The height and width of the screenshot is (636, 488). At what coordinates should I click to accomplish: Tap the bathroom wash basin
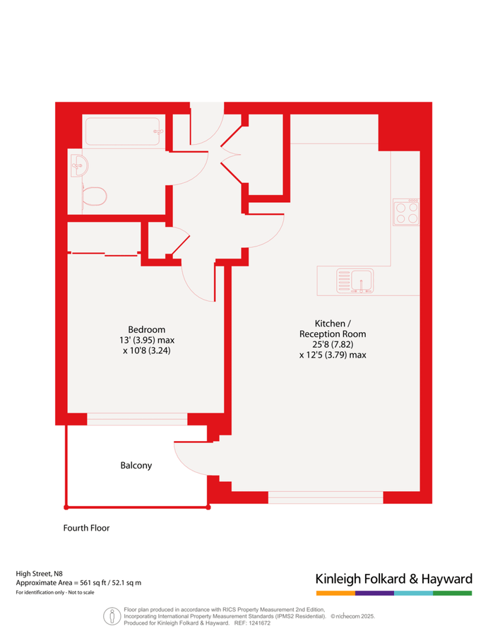point(79,167)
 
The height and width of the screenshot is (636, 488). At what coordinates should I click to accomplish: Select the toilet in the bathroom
point(94,195)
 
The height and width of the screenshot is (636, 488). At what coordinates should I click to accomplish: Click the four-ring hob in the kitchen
point(406,212)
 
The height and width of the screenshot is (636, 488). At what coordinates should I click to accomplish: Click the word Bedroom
point(146,329)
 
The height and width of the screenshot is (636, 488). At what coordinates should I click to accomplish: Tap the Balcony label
point(136,466)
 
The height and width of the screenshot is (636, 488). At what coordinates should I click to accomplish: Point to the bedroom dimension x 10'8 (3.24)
point(146,350)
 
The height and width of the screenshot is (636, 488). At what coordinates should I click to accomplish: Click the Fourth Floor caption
point(86,528)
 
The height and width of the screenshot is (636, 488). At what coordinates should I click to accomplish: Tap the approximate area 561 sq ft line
point(78,583)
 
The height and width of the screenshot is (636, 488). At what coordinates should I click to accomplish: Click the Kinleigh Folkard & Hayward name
point(393,579)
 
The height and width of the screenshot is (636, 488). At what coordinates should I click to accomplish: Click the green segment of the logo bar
point(452,593)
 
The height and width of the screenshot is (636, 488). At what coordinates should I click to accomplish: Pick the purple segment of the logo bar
point(374,593)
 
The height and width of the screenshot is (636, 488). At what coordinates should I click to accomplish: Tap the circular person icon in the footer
point(111,615)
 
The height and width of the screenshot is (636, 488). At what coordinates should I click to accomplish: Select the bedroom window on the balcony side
point(137,419)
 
